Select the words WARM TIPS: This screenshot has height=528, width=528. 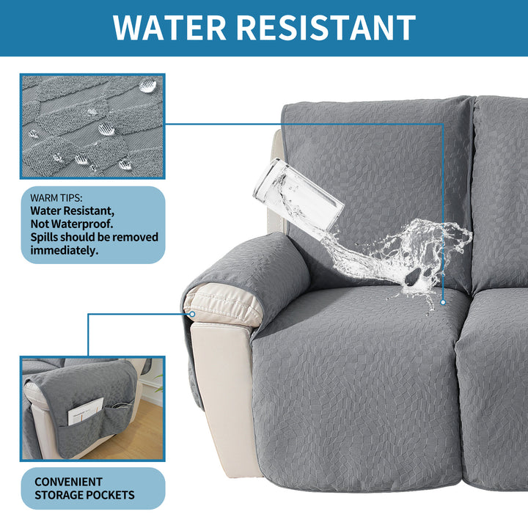(x=56, y=198)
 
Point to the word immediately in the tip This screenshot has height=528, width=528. (x=65, y=251)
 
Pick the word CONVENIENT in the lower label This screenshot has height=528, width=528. (x=68, y=482)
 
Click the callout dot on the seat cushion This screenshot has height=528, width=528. (x=443, y=302)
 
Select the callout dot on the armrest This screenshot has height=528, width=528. (x=192, y=314)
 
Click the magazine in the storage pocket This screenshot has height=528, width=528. (x=86, y=411)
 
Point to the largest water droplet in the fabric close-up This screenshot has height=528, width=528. (x=148, y=86)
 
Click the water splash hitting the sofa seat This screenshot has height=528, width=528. (x=400, y=260)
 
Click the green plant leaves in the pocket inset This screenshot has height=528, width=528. (x=158, y=383)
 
